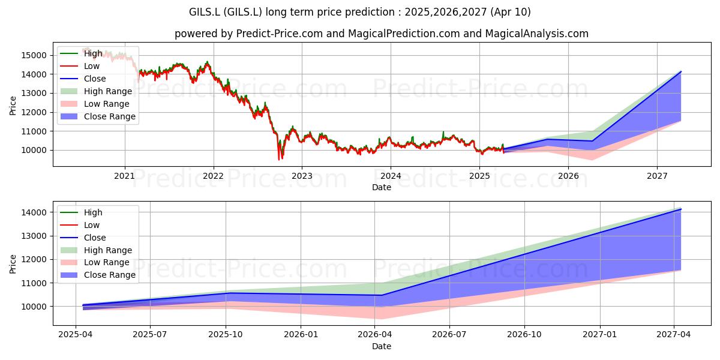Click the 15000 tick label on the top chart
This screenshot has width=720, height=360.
click(34, 55)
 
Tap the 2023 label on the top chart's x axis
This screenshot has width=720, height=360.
click(302, 176)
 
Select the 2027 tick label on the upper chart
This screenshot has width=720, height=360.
click(657, 176)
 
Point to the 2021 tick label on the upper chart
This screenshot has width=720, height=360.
click(124, 176)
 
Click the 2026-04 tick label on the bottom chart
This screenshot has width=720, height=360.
click(374, 335)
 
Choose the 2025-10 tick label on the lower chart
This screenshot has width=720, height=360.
click(226, 335)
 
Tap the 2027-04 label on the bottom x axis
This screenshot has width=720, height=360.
click(673, 335)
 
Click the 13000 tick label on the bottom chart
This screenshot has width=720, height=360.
click(34, 236)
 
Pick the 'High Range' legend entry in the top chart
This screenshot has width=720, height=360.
click(96, 91)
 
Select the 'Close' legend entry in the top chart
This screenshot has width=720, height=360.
click(83, 79)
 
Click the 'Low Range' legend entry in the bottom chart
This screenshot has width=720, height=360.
click(95, 263)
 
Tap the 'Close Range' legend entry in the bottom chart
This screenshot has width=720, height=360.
click(98, 275)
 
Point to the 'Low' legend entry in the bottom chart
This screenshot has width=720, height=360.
click(80, 225)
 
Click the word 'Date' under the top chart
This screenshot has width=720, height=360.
click(382, 187)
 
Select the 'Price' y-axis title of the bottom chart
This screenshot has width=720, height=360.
click(13, 264)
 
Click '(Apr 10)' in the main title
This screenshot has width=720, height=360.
click(511, 12)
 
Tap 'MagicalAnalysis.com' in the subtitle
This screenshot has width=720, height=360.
click(536, 34)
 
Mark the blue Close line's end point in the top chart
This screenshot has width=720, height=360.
click(681, 71)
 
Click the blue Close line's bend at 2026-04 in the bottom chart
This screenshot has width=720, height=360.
click(382, 295)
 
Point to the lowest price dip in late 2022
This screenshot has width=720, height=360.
click(278, 160)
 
